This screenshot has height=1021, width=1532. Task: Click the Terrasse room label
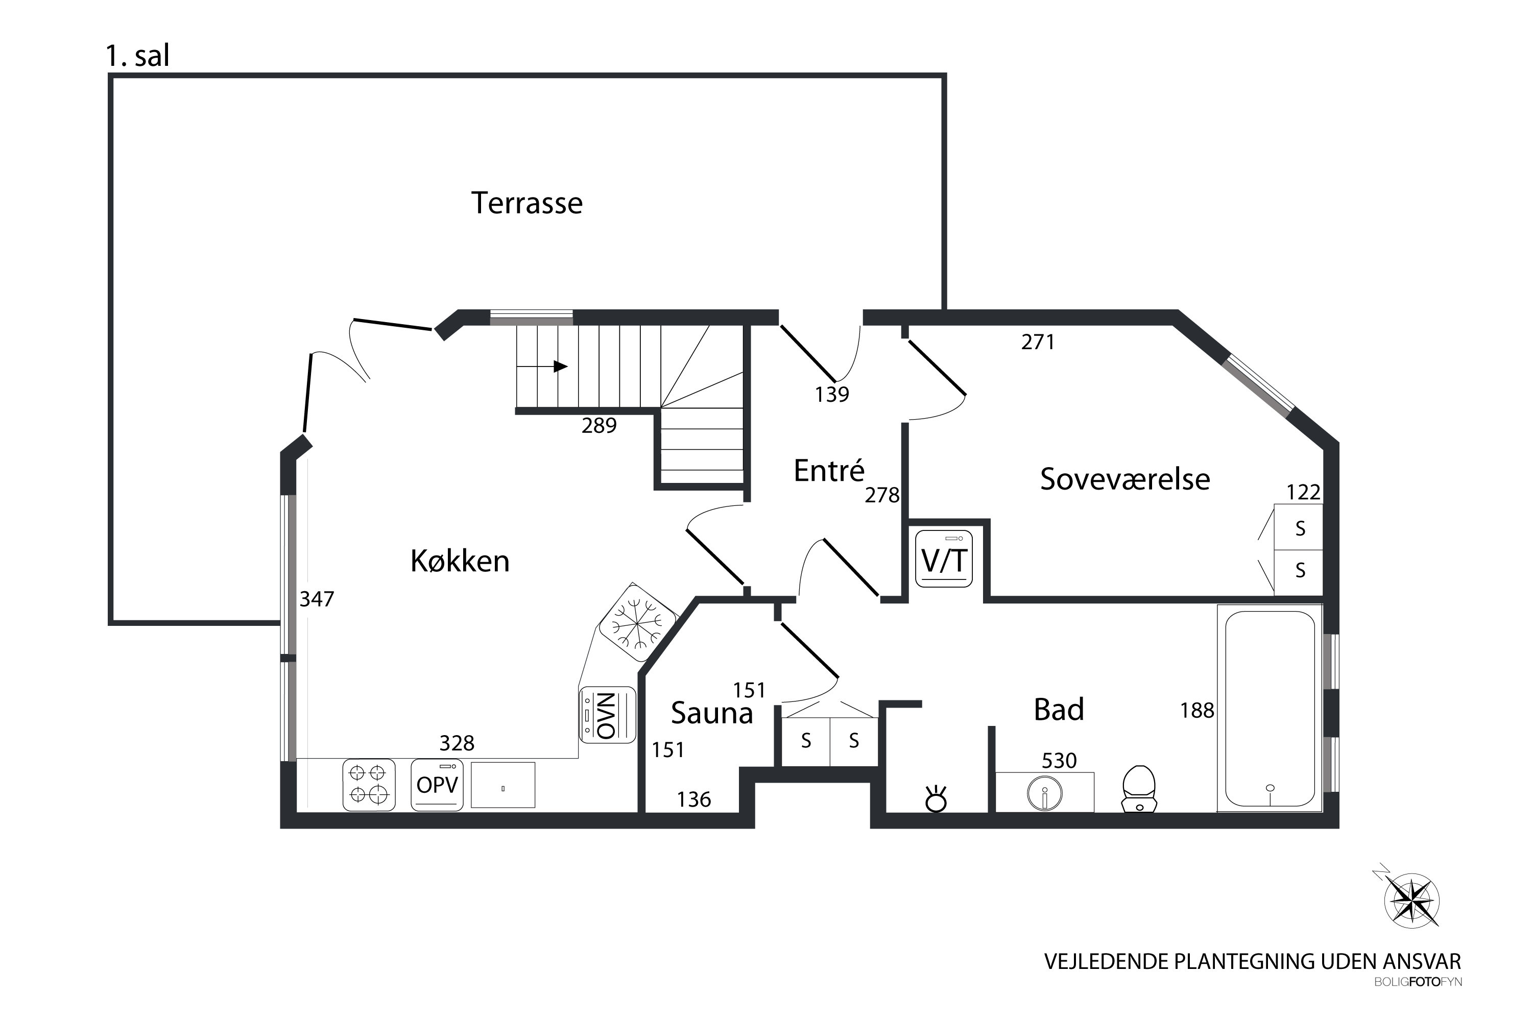pos(526,203)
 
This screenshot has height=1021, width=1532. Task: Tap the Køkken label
pos(460,561)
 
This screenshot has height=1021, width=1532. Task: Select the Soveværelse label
pos(1125,479)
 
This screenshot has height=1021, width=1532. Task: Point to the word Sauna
pos(712,713)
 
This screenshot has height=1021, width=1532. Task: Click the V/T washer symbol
pos(944,558)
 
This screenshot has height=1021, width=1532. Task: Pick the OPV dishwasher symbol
pos(437,785)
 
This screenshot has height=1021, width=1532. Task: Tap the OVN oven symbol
pos(607,715)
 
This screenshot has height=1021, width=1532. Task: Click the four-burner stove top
pos(369,785)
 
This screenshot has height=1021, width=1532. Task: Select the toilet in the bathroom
pos(1139,789)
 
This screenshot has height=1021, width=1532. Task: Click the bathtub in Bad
pos(1270,709)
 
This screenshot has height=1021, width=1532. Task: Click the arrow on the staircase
pos(542,367)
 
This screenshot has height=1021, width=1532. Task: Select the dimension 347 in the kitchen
pos(317,599)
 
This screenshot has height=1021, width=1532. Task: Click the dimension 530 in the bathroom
pos(1059,761)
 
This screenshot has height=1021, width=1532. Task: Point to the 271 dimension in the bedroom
pos(1038,342)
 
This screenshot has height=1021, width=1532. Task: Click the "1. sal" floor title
pos(137,56)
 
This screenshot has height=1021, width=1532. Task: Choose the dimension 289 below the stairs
pos(599,426)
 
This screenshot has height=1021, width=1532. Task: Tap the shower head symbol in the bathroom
pos(937,799)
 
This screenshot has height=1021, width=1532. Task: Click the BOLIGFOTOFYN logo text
pos(1418,982)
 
